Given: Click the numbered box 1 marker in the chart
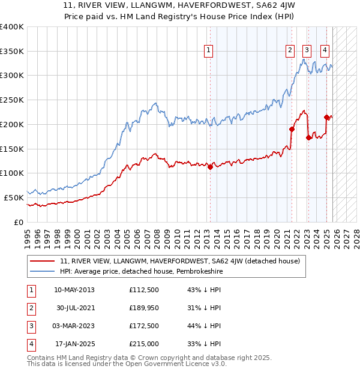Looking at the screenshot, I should tap(208, 51).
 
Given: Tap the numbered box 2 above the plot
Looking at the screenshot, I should tap(290, 51).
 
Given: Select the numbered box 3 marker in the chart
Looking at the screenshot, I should tap(307, 51).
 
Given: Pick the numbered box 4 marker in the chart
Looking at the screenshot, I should tap(325, 51).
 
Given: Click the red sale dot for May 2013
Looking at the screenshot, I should tap(210, 167).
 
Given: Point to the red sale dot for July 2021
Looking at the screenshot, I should tap(292, 129).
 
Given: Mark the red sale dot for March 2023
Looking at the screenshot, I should tap(308, 137).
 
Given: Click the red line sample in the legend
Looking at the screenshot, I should tap(43, 261).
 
